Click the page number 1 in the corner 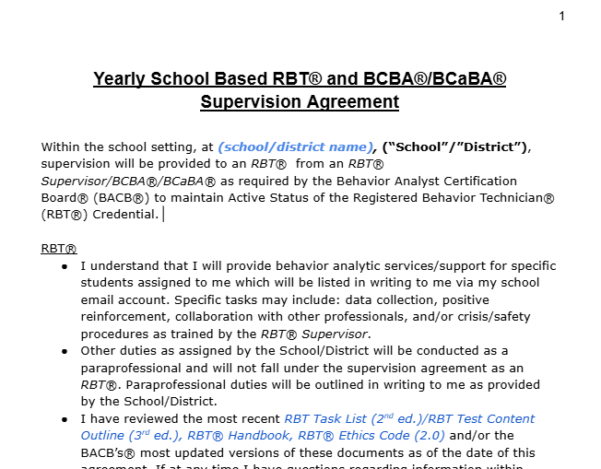pos(561,16)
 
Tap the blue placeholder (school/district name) pos(296,147)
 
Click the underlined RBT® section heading pos(59,249)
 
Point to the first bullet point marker pos(65,266)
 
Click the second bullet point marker pos(65,351)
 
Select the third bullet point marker pos(65,418)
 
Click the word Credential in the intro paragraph pos(124,215)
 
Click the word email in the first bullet pos(99,300)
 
